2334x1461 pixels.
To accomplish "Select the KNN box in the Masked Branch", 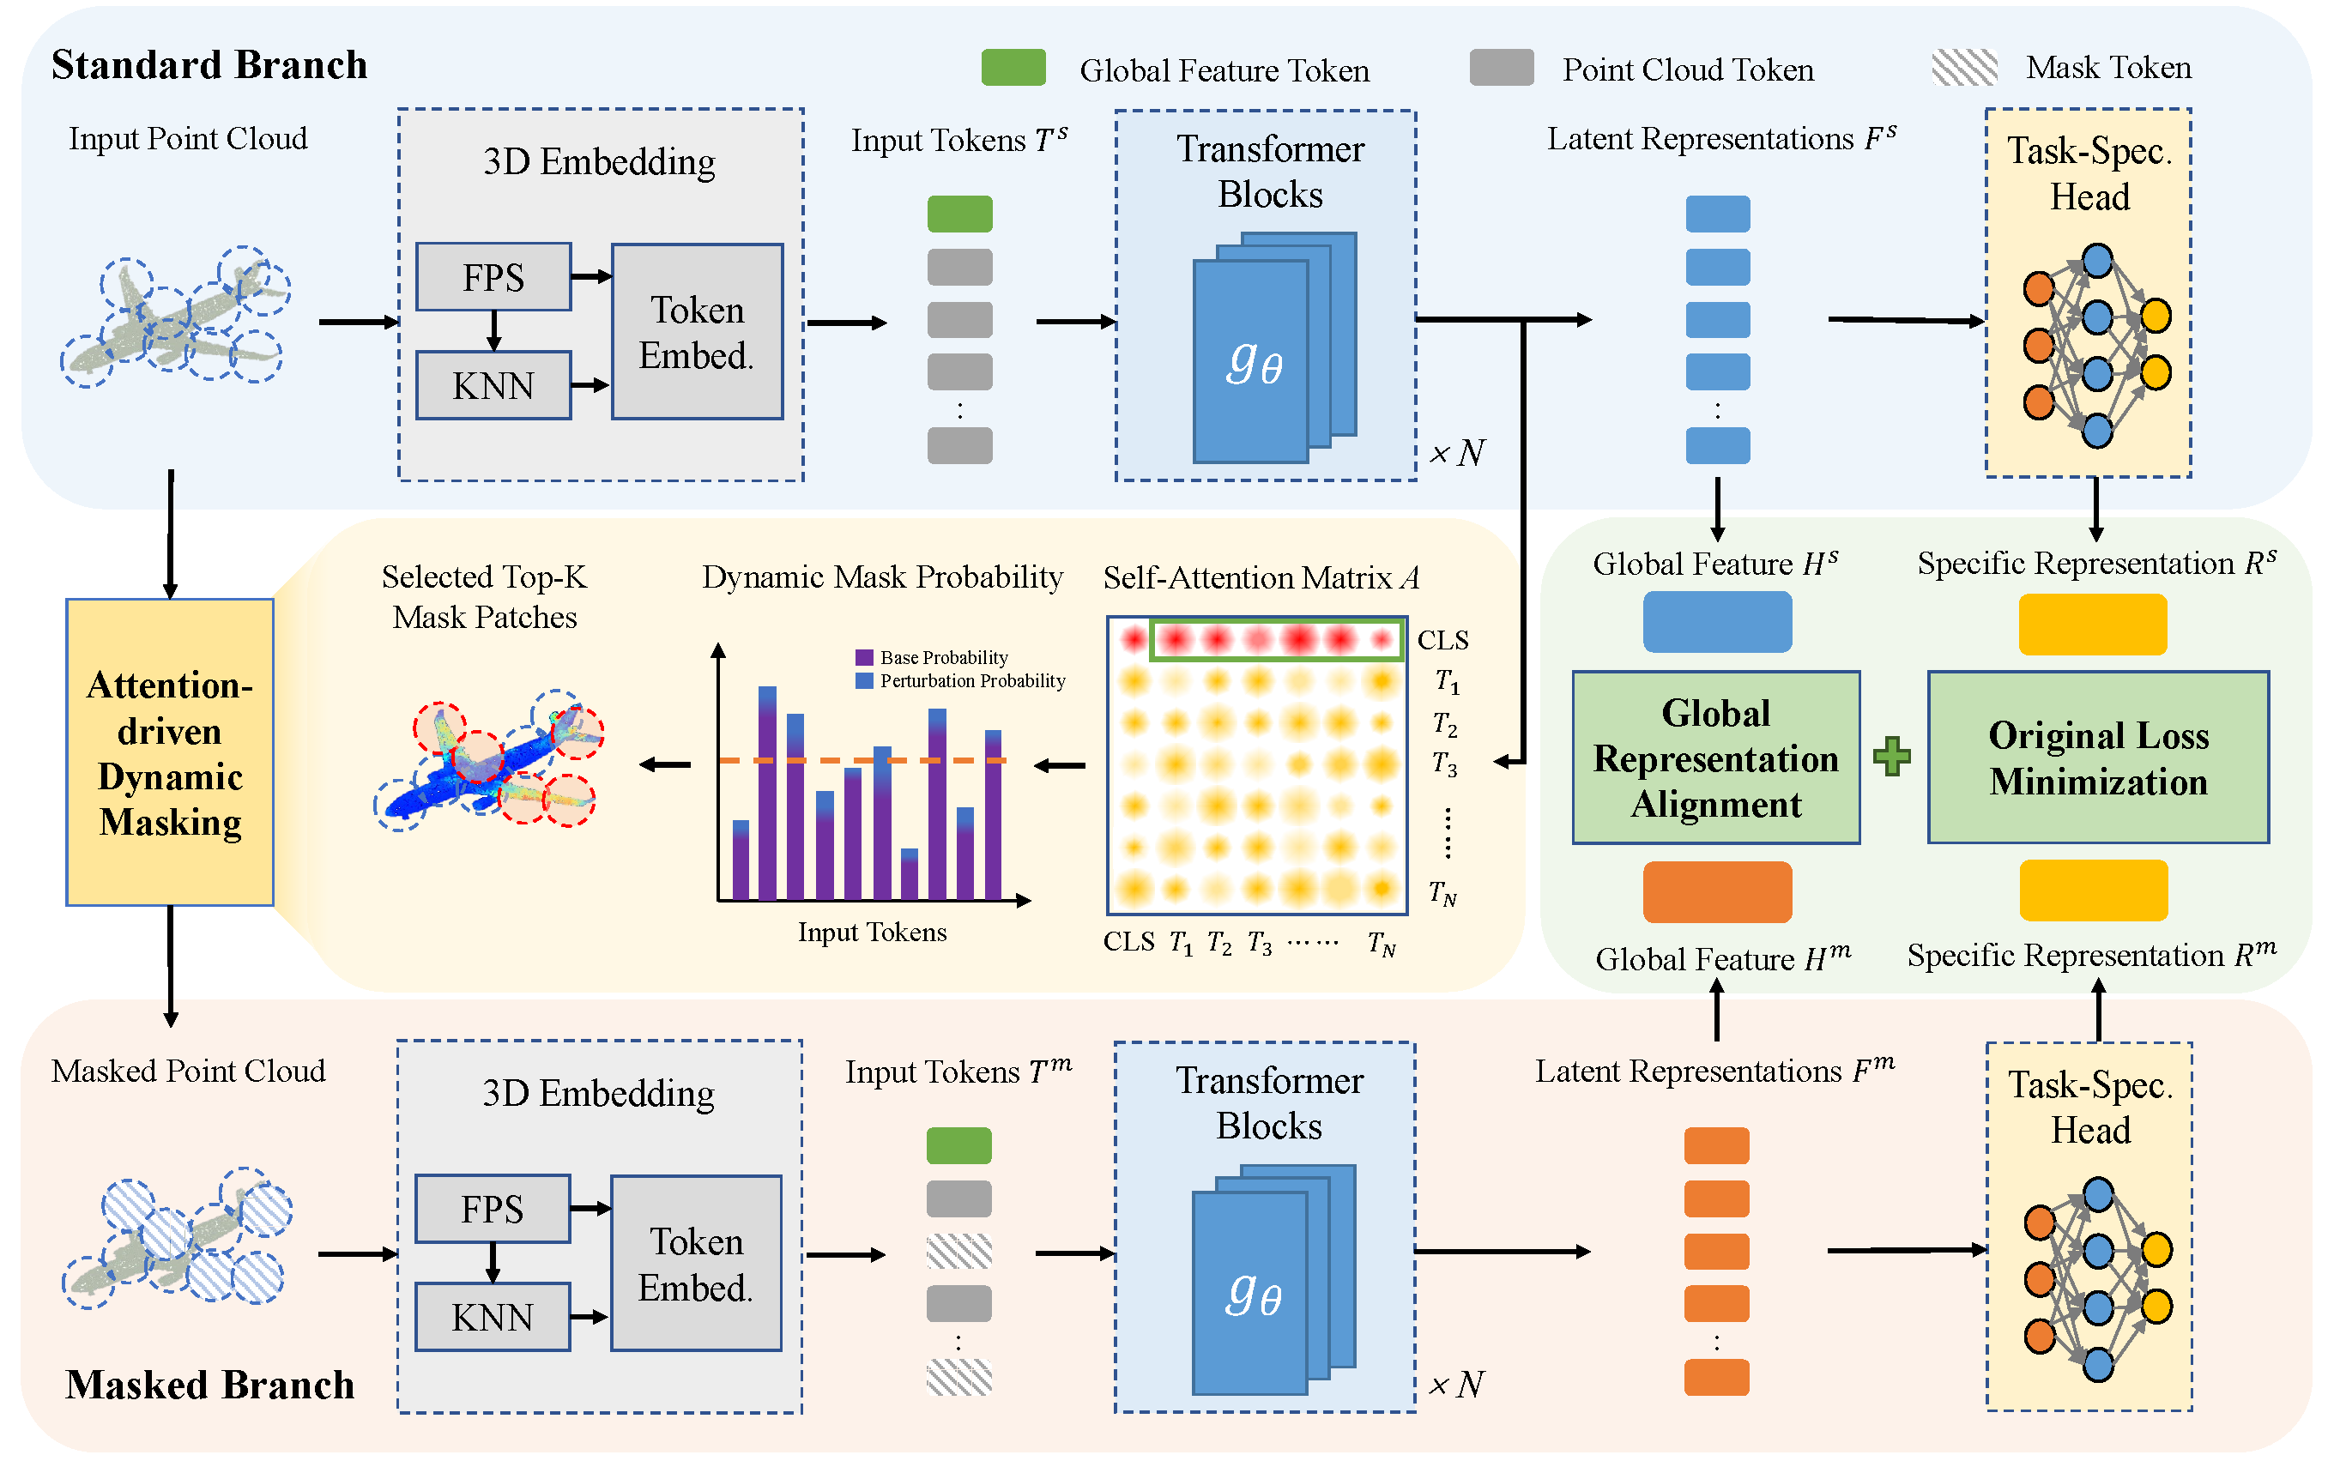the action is tap(492, 1317).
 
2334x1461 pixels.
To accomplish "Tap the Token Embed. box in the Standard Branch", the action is tap(697, 331).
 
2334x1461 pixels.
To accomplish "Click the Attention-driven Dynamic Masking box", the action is tap(170, 752).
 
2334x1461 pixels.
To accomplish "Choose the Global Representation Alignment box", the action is tap(1715, 758).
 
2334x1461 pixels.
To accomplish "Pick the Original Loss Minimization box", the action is tap(2098, 758).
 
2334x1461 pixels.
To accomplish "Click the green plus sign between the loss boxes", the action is tap(1892, 757).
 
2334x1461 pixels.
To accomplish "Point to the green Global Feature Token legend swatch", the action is tap(1013, 68).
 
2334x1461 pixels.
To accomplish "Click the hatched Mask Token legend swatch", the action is tap(1965, 68).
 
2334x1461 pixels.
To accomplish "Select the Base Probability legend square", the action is tap(864, 657).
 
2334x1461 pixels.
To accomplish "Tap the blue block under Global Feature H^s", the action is tap(1717, 622).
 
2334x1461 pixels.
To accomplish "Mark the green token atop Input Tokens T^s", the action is tap(959, 214).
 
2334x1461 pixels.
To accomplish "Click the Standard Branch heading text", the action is tap(209, 64).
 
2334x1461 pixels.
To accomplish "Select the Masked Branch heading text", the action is tap(209, 1385).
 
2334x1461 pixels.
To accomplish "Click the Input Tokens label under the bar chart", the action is tap(872, 933).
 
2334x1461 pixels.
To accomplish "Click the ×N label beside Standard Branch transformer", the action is tap(1457, 452).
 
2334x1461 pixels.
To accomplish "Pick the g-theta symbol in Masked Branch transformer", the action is tap(1254, 1295).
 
